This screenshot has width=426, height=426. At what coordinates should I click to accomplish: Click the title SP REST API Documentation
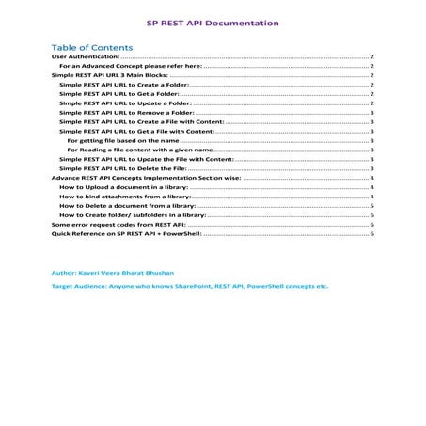click(213, 22)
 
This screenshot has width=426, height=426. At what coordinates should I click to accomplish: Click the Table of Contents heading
click(91, 47)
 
